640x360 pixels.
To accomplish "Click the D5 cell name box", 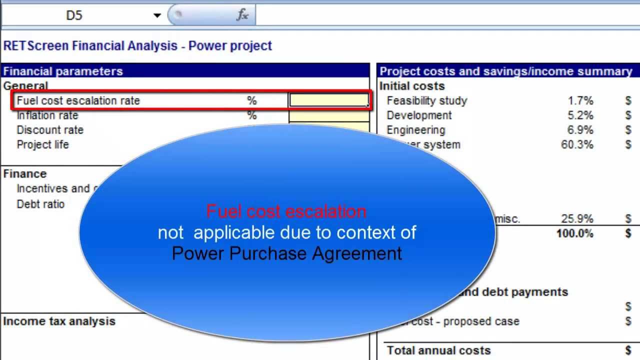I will click(74, 15).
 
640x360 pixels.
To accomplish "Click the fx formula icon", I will click(242, 15).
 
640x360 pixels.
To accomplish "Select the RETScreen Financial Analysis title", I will click(137, 46).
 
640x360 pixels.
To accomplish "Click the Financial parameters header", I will click(63, 71).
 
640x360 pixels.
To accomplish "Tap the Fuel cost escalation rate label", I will click(78, 100).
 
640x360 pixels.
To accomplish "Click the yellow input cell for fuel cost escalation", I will click(328, 100).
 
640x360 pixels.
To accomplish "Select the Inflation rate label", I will click(47, 115).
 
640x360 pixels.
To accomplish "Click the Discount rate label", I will click(50, 130).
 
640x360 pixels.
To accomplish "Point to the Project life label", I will click(43, 144).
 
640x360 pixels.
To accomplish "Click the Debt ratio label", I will click(40, 204).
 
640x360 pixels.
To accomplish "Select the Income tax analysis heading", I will click(59, 321).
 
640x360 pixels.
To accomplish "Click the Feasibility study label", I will click(427, 100).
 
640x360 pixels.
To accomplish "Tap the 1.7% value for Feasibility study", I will click(580, 100).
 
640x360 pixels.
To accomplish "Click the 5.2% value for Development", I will click(580, 115).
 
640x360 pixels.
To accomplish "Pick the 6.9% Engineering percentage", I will click(580, 130).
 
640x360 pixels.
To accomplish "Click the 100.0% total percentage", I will click(574, 233).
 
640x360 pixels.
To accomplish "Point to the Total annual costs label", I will click(439, 350).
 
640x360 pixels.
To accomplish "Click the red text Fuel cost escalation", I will click(286, 211).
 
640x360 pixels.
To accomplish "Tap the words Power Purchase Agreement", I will click(286, 253).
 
